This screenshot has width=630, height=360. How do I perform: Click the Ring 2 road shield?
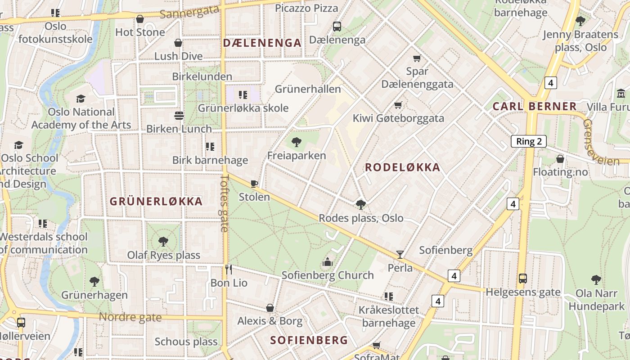point(528,141)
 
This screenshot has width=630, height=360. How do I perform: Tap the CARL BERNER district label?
point(534,106)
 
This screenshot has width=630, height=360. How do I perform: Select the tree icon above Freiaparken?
point(296,142)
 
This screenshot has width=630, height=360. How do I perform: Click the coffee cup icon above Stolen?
point(254,184)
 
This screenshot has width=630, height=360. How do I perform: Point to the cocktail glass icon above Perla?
point(400,255)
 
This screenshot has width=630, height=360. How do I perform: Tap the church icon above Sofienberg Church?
point(327,261)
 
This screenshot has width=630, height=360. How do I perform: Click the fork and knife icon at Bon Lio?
point(229,269)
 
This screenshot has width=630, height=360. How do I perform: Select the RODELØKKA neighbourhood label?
point(402,167)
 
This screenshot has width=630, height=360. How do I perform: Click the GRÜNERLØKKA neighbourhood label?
point(156,201)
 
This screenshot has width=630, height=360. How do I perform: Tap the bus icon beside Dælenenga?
point(337,27)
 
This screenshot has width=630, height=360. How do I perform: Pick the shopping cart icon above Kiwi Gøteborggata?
point(398,105)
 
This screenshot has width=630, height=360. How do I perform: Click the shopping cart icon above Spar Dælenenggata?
point(417,58)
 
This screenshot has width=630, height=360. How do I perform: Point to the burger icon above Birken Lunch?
point(179,116)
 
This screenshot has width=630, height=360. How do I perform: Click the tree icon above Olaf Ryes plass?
point(163,242)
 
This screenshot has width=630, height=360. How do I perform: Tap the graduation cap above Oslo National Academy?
point(81,99)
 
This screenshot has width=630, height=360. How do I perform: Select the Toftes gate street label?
point(225,203)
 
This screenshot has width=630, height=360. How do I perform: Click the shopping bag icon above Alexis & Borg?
point(270,308)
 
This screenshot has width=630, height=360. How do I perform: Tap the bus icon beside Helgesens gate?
point(522,279)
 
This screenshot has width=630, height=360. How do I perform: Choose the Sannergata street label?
point(189,12)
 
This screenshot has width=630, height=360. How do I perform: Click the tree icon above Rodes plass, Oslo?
point(360,205)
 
